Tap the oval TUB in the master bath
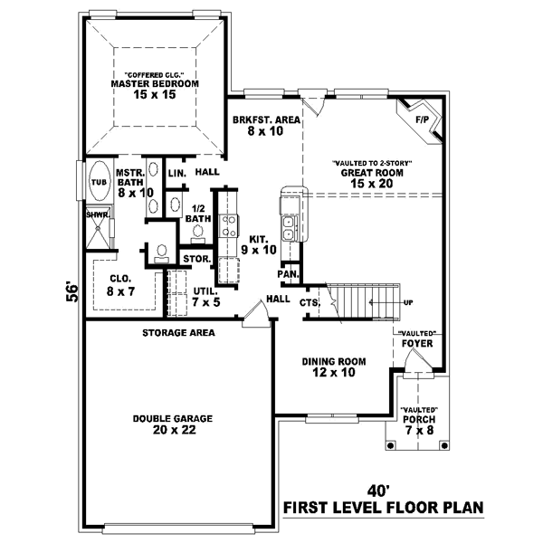pyautogui.click(x=98, y=181)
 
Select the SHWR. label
pyautogui.click(x=98, y=215)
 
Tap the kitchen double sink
pyautogui.click(x=290, y=227)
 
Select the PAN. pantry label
pyautogui.click(x=288, y=273)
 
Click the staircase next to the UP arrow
pyautogui.click(x=362, y=300)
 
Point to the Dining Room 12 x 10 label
pyautogui.click(x=334, y=367)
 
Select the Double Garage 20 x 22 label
pyautogui.click(x=172, y=424)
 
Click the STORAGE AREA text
pyautogui.click(x=178, y=333)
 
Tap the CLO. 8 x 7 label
pyautogui.click(x=119, y=285)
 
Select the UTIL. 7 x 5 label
pyautogui.click(x=207, y=296)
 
